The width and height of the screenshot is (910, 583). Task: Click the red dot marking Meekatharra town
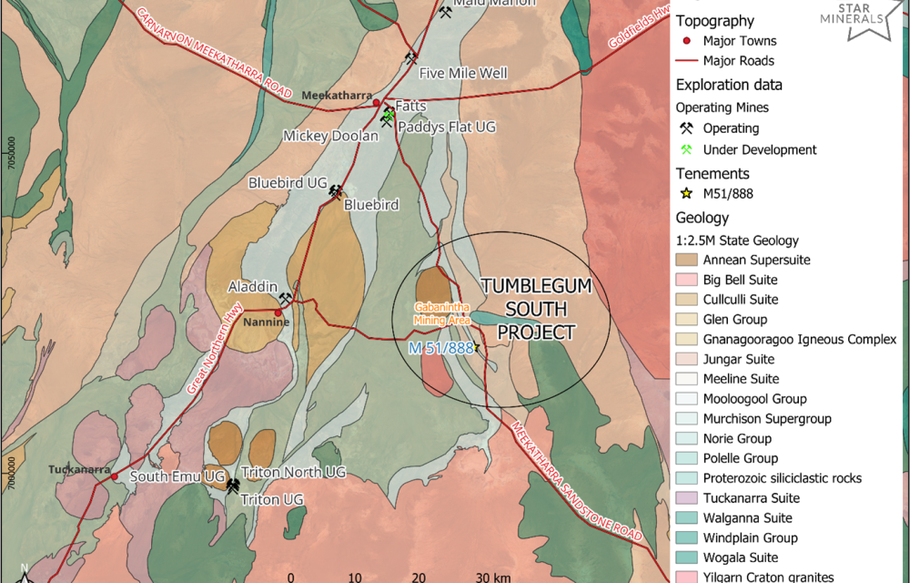(x=377, y=104)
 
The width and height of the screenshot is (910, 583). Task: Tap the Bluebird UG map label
(x=288, y=183)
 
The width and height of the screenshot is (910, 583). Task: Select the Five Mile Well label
(x=463, y=73)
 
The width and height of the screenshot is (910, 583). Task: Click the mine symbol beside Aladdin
(x=286, y=298)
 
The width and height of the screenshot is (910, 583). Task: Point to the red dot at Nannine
(x=278, y=313)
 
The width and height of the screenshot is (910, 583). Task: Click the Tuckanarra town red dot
(x=115, y=476)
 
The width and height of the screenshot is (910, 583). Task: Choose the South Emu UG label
(x=177, y=476)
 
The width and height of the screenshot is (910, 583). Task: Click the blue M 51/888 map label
(x=440, y=348)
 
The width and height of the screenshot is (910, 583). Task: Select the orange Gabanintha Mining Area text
(x=441, y=313)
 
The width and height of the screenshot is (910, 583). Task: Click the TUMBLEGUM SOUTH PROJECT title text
(x=536, y=309)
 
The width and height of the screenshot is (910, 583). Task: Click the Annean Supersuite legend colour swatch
(x=686, y=260)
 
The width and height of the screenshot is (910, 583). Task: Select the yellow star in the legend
(x=686, y=193)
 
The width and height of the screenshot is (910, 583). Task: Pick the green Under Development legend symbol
(x=686, y=149)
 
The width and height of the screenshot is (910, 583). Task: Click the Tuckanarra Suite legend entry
(x=751, y=498)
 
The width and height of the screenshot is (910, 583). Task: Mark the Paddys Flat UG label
(x=447, y=127)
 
